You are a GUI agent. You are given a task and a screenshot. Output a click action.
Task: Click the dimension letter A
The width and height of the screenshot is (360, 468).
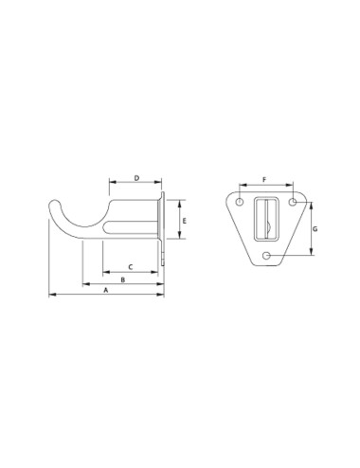(106, 292)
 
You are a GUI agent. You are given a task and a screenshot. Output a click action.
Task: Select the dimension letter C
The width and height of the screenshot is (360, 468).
(130, 266)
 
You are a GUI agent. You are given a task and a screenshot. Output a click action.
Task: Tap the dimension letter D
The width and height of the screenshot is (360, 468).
(136, 177)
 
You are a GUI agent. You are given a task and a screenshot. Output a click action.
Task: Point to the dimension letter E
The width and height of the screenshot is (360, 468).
(185, 220)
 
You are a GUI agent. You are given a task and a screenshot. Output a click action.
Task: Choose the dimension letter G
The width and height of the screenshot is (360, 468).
(316, 228)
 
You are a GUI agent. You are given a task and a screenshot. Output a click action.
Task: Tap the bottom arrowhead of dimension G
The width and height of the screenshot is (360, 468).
(312, 252)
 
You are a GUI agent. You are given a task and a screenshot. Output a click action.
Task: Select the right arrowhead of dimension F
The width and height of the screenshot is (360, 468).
(287, 184)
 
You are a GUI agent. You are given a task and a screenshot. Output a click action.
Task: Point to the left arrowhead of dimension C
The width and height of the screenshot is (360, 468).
(104, 272)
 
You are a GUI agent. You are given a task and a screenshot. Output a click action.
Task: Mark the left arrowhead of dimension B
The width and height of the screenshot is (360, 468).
(84, 284)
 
